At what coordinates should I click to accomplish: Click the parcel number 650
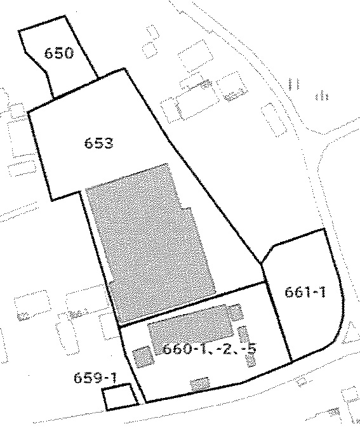[x=59, y=53]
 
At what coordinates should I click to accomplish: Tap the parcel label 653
[x=99, y=143]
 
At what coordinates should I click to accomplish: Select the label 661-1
[x=305, y=292]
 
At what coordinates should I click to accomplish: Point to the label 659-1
[x=95, y=378]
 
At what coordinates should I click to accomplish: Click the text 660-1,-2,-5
[x=210, y=348]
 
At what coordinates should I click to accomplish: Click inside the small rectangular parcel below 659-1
[x=119, y=397]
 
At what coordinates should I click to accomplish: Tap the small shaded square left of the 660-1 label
[x=143, y=357]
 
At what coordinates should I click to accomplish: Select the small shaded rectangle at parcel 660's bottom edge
[x=200, y=384]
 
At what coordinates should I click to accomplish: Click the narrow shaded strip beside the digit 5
[x=247, y=347]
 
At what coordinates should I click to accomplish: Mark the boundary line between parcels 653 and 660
[x=192, y=304]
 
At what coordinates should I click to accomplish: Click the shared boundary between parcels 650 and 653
[x=76, y=88]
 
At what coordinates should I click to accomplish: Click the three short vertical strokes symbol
[x=322, y=96]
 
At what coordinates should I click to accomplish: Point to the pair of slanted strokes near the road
[x=293, y=84]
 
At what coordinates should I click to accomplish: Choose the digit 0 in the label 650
[x=69, y=53]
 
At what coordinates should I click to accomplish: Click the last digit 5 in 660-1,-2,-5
[x=251, y=348]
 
